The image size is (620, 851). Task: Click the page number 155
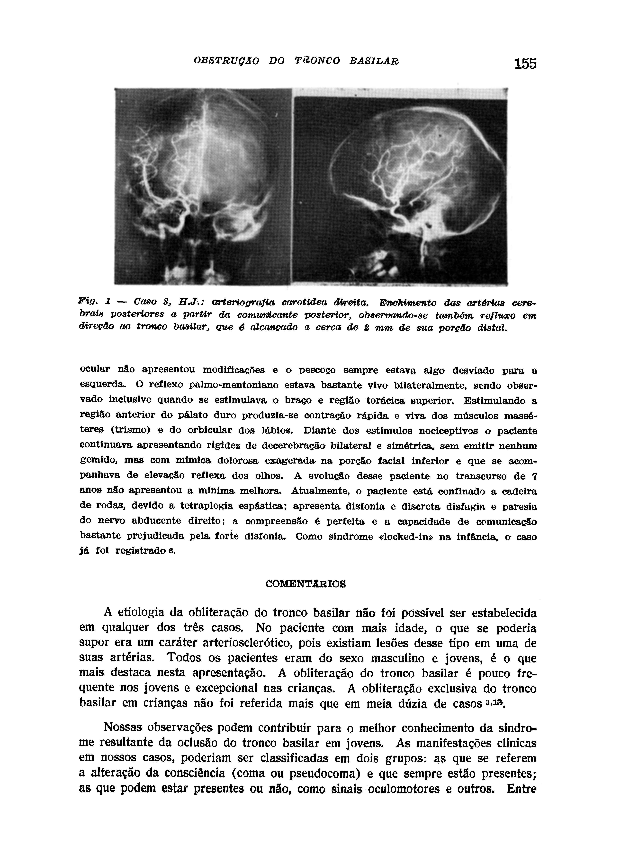point(525,64)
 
